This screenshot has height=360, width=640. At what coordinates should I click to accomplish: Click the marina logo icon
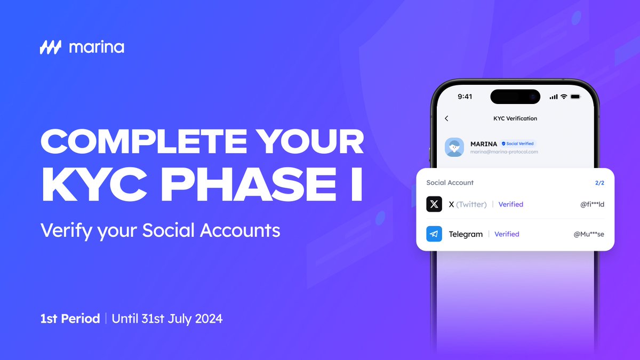coord(51,47)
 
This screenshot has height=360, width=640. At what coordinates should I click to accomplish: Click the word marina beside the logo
coord(97,47)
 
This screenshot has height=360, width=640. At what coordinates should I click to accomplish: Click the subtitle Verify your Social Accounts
coord(160,230)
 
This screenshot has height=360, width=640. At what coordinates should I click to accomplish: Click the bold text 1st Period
coord(70,319)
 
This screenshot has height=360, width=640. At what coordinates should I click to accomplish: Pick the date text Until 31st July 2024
coord(167,319)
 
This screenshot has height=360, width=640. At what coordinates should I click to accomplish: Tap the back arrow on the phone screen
coord(446,118)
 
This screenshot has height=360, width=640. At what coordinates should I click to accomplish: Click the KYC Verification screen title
coord(515,118)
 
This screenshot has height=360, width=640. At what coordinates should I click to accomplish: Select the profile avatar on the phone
coord(454,147)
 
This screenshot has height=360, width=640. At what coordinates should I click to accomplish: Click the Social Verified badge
coord(517,143)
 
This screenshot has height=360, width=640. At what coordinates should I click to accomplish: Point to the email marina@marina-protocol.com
coord(504,152)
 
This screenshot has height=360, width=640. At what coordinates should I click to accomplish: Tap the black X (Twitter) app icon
coord(434,204)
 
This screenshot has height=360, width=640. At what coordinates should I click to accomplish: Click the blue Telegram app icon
coord(434,234)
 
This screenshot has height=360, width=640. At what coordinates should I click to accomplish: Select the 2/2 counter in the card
coord(599,183)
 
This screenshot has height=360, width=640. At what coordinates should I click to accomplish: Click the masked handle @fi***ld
coord(592,204)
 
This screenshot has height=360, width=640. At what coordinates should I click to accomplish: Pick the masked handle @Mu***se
coord(589,234)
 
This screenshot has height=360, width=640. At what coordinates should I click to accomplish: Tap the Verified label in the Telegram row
coord(507,234)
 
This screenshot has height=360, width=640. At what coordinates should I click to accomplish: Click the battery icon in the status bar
coord(575,97)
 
